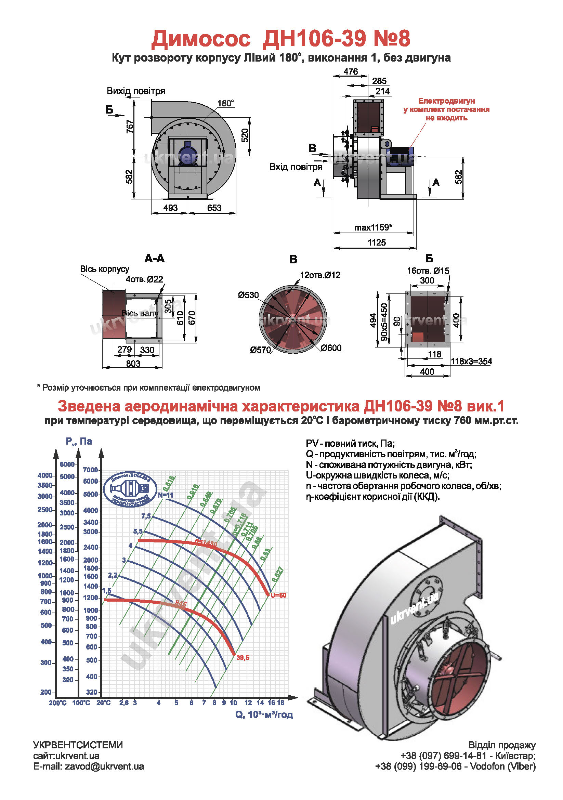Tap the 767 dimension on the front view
pos(130,126)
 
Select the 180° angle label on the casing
pos(225,103)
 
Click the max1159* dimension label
pos(373,227)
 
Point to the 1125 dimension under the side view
pos(377,242)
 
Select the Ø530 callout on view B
pos(248,295)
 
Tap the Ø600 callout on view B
pos(331,348)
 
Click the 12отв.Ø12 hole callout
pos(320,275)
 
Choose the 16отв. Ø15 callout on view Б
pos(428,271)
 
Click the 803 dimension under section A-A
pos(133,364)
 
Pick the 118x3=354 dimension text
pos(471,361)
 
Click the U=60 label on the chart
pos(278,595)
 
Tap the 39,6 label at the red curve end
pos(243,657)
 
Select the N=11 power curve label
pos(166,495)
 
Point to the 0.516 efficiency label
pos(169,483)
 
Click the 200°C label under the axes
pos(57,703)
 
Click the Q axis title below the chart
pos(264,714)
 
